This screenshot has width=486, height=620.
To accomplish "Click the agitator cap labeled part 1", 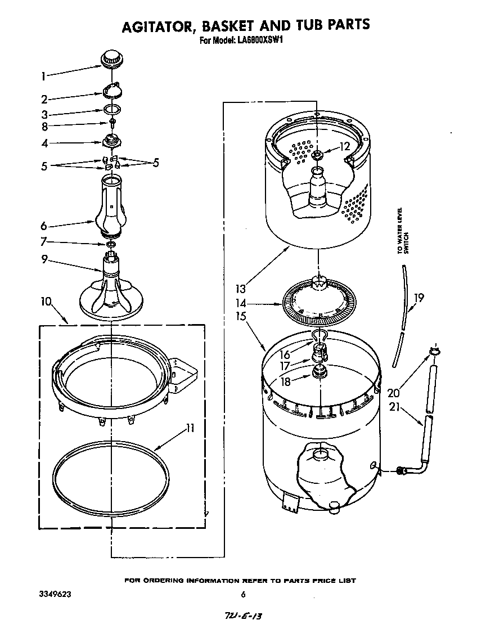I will click(111, 58).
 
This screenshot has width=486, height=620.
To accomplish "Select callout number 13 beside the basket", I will click(241, 289).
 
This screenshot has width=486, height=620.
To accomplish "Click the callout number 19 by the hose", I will click(418, 298).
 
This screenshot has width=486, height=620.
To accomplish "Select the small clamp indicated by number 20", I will click(434, 352).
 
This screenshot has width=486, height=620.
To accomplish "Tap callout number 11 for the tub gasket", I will click(190, 428).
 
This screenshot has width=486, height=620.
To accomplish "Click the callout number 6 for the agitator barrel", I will click(43, 226).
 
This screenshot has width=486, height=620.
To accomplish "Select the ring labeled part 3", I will click(111, 111).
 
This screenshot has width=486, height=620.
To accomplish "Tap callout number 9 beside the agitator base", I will click(43, 259).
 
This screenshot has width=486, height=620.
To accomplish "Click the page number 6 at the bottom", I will click(243, 594).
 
